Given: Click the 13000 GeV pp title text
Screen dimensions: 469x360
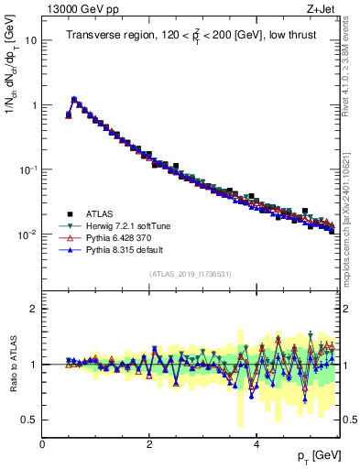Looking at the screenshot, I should [76, 8].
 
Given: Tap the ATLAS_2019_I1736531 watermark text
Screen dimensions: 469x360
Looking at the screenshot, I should [190, 275].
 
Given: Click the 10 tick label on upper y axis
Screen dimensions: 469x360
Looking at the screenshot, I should [30, 41].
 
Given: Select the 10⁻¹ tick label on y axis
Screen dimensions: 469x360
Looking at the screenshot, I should [27, 169].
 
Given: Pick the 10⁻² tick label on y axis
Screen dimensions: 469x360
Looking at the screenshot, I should [27, 234].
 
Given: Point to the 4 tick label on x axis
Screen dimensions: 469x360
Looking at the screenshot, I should [256, 444].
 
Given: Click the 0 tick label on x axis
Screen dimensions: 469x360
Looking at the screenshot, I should [43, 444].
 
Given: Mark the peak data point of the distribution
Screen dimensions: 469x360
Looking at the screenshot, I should [74, 99].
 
